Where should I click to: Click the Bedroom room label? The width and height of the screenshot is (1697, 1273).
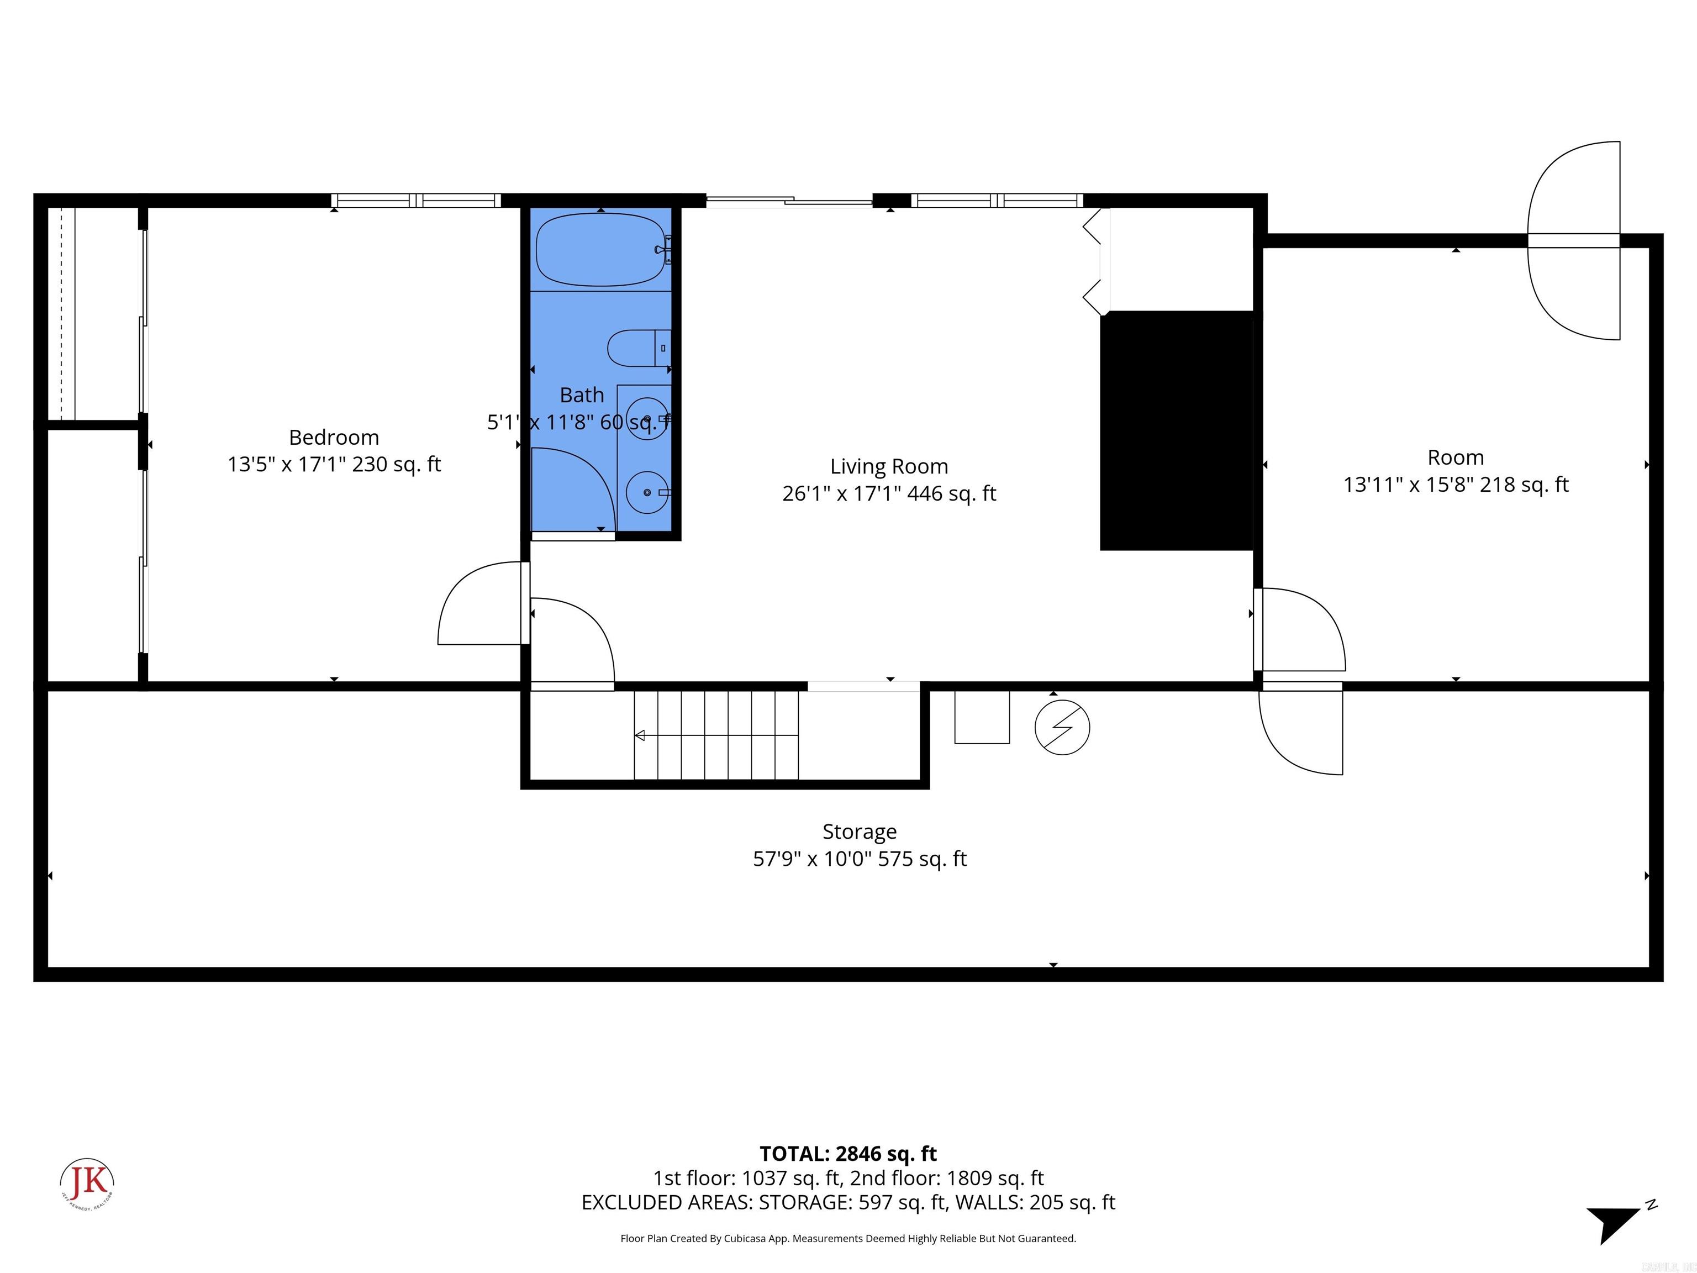tap(334, 438)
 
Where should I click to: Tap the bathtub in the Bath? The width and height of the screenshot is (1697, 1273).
tap(600, 250)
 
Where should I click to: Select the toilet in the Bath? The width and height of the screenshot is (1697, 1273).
tap(637, 349)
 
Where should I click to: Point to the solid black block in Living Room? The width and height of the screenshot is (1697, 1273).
tap(1176, 430)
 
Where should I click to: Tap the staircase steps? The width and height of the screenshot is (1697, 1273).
tap(716, 735)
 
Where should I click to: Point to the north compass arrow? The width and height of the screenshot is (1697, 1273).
tap(1614, 1225)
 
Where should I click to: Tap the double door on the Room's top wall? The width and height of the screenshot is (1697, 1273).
tap(1573, 240)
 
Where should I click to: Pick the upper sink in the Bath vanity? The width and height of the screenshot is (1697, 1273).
tap(647, 420)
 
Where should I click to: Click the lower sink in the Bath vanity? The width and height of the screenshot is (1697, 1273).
tap(647, 492)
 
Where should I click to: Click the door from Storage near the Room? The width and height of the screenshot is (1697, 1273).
tap(1302, 729)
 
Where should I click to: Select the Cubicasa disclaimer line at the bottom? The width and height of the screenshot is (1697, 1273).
tap(848, 1239)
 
